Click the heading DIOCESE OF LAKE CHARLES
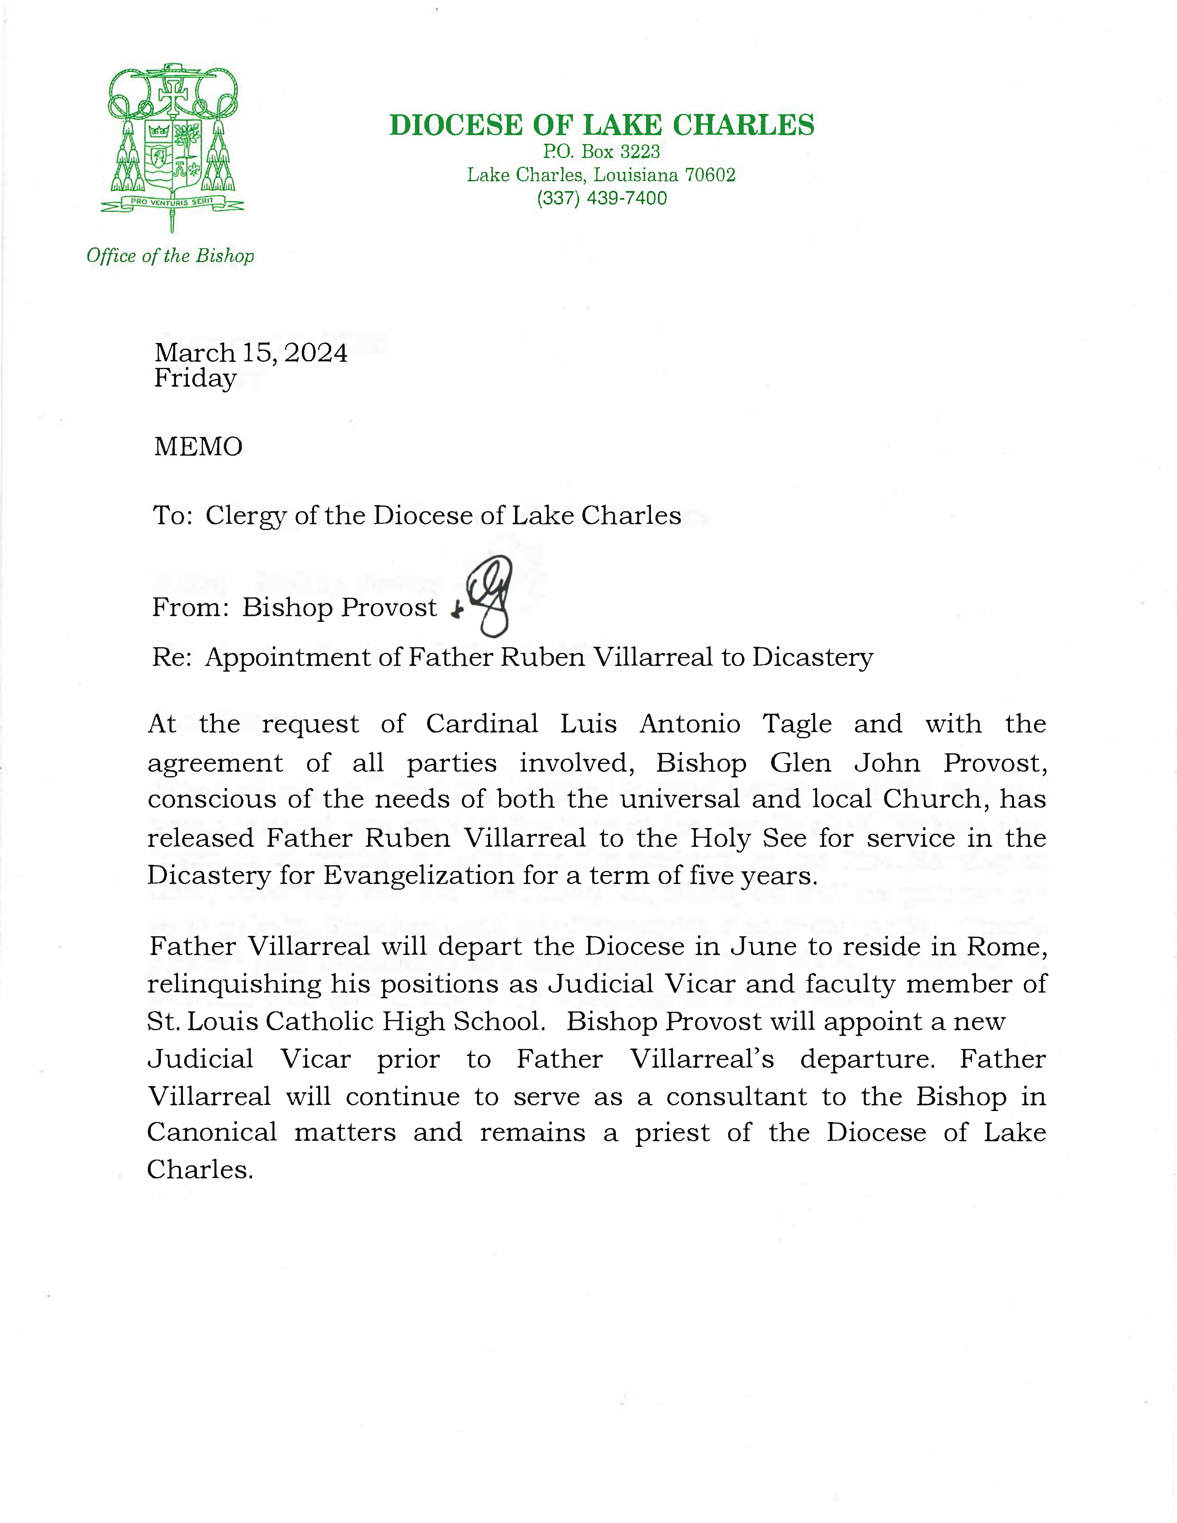coord(602,125)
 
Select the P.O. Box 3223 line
coord(602,152)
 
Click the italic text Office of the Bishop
coord(170,256)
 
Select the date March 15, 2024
coord(250,353)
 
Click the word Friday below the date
coord(195,378)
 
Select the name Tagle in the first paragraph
coord(797,724)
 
